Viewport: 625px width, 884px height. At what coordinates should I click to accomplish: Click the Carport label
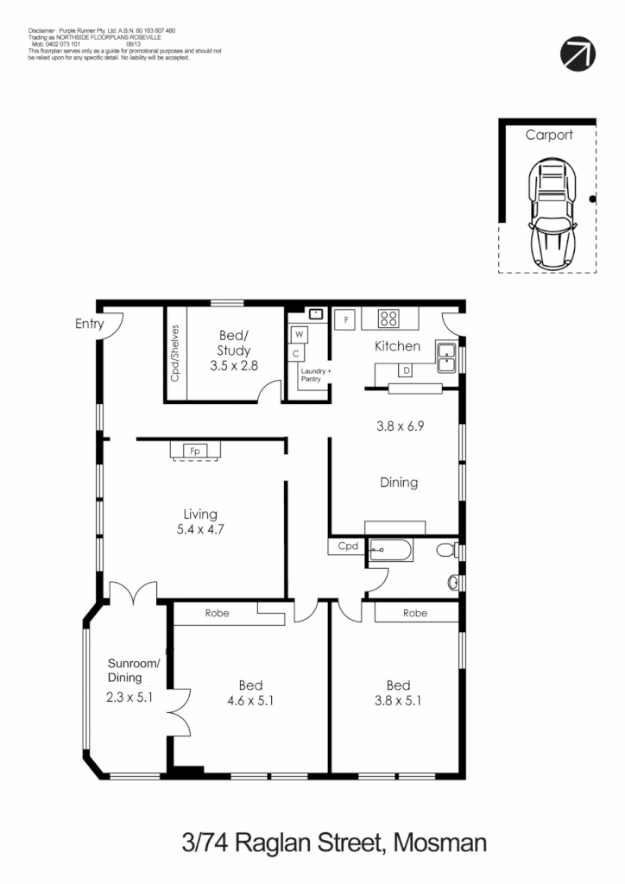point(549,136)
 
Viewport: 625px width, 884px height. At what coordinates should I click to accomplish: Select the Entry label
point(89,325)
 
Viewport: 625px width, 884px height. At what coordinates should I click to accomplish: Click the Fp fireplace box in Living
point(195,451)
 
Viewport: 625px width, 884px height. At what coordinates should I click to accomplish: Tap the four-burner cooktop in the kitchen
point(388,318)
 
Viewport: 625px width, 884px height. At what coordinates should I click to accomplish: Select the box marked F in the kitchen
point(345,319)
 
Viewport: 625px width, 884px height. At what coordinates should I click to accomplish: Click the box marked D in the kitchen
point(406,370)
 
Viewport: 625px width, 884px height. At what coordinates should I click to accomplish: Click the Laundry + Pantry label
point(315,375)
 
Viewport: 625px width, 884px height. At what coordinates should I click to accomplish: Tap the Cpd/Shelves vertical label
point(174,354)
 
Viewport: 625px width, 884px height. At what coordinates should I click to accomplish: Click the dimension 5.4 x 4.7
point(194,530)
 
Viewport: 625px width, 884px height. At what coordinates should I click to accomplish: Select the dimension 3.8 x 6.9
point(399,426)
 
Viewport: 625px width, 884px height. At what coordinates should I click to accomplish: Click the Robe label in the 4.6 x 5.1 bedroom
point(216,614)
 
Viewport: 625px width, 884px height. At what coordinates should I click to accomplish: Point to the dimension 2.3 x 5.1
point(129,698)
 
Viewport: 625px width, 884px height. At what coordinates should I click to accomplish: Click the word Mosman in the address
point(439,842)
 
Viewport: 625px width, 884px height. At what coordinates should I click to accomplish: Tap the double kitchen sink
point(446,357)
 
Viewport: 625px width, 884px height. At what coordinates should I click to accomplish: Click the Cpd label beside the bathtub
point(347,546)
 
